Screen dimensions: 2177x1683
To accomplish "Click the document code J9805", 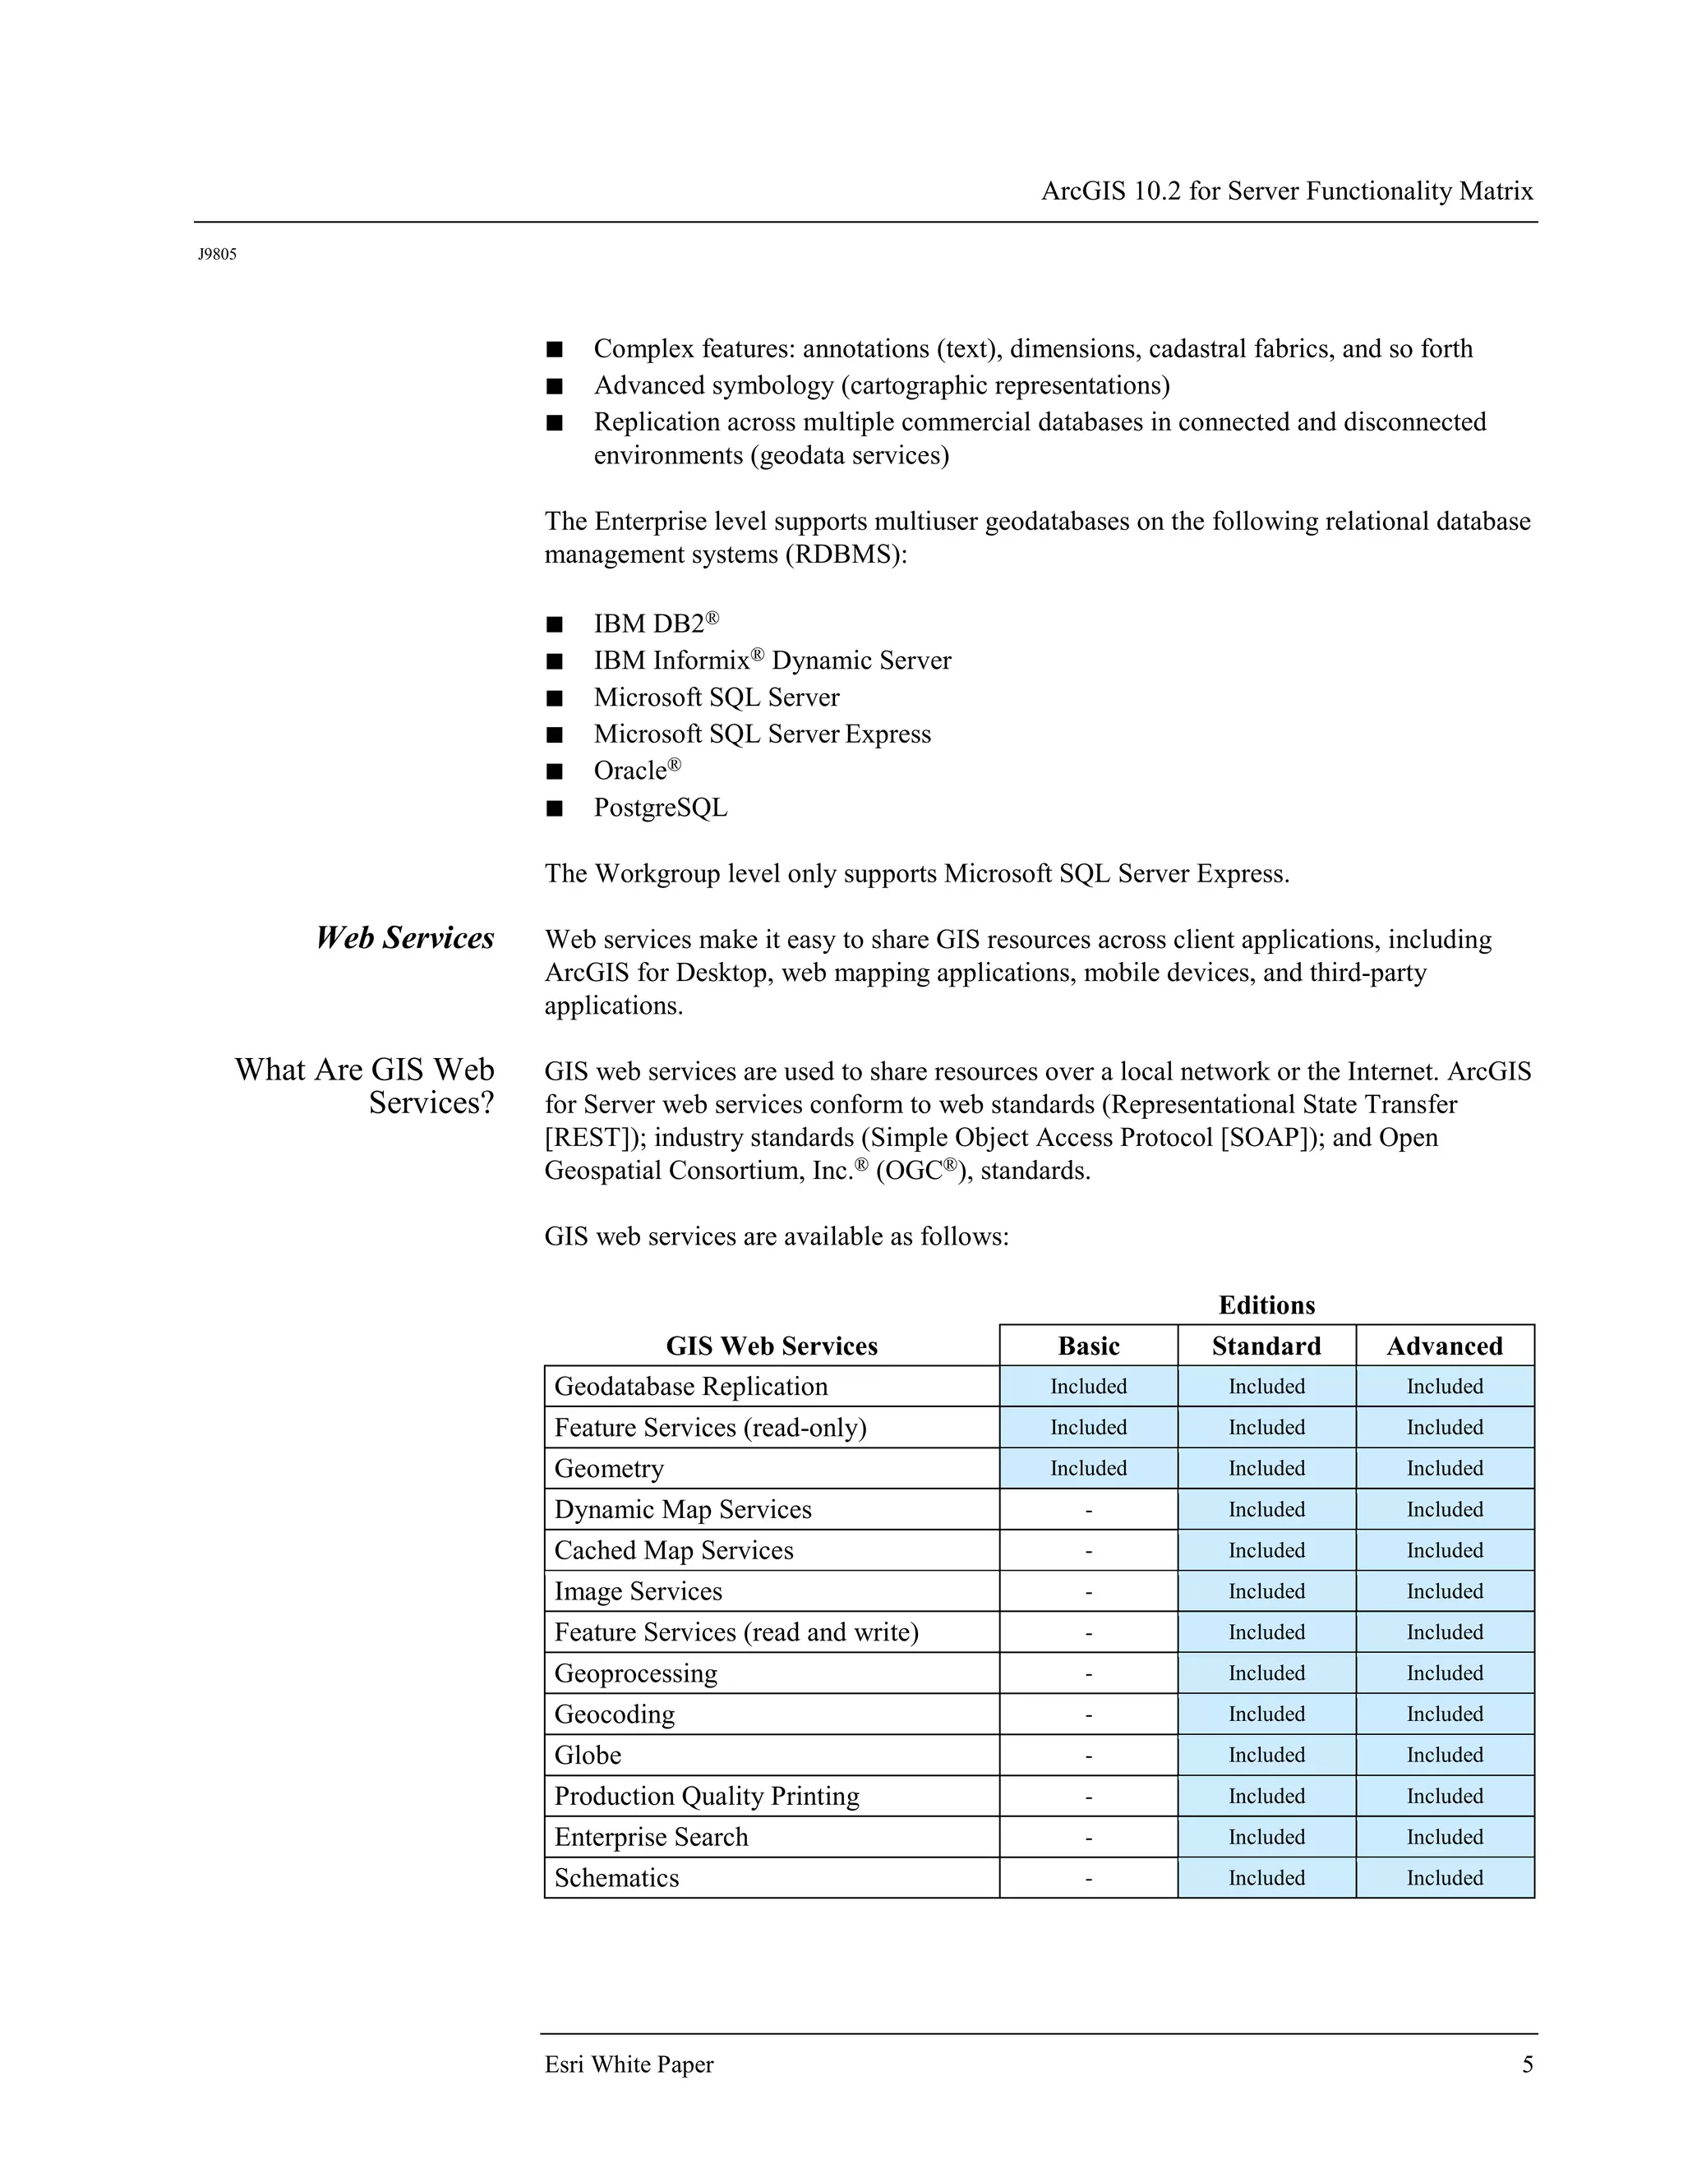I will point(217,254).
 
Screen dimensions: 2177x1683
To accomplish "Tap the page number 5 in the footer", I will point(1528,2064).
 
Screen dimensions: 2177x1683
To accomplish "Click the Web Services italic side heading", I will point(405,938).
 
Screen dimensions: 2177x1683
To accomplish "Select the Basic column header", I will point(1088,1346).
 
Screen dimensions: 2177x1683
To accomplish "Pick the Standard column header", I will point(1266,1346).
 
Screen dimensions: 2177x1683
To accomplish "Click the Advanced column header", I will point(1445,1346).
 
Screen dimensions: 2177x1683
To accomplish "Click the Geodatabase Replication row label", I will point(691,1387).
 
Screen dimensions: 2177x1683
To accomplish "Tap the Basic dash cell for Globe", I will point(1088,1756).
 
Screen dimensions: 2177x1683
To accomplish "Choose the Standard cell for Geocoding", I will point(1266,1714).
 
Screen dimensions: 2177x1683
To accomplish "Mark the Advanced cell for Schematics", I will point(1445,1878).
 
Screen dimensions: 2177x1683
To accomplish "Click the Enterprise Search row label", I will point(651,1837).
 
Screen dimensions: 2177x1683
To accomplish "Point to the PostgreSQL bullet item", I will point(661,808).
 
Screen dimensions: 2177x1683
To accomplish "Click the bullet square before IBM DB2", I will point(555,625).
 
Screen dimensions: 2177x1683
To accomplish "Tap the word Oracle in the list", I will point(630,771).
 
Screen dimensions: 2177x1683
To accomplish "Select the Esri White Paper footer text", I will point(629,2064).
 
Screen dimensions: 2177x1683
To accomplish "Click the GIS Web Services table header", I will point(772,1346).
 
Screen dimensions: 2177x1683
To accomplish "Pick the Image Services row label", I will point(638,1591).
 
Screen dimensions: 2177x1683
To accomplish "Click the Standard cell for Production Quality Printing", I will point(1266,1796).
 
